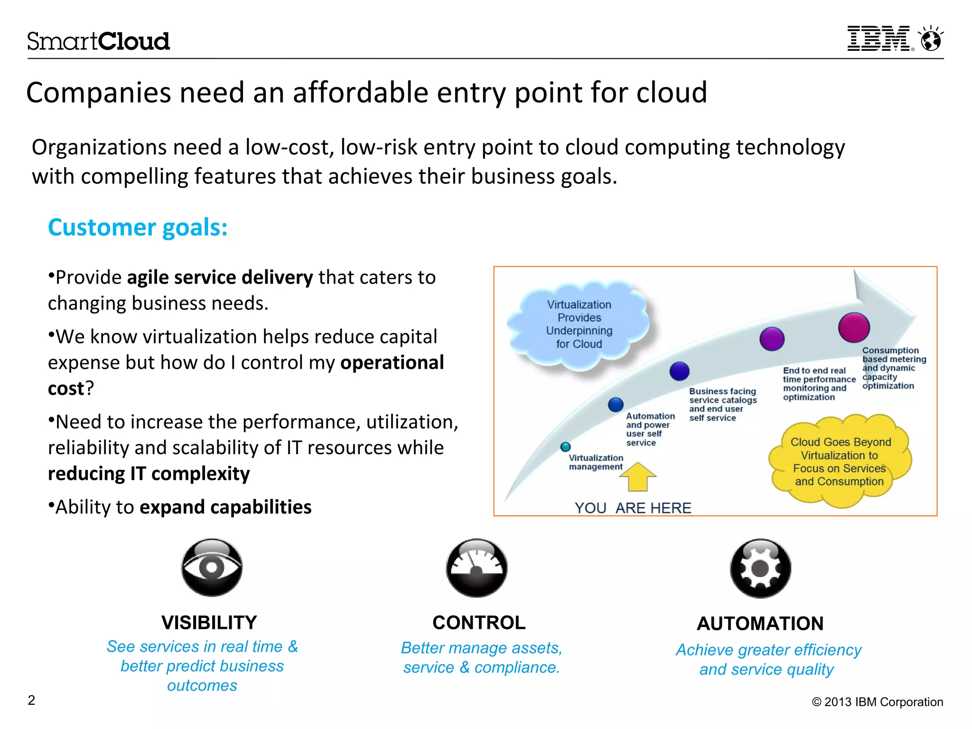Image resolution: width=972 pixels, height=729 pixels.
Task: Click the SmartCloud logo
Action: point(98,41)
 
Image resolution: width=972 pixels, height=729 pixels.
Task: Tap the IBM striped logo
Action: point(879,38)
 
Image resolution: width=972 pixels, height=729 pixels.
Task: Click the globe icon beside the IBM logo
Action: point(931,39)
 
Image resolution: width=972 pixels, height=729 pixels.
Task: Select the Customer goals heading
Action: point(138,227)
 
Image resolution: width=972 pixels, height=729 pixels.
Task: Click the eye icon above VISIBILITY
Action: point(212,568)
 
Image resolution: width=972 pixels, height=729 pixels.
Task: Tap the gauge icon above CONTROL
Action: point(477,568)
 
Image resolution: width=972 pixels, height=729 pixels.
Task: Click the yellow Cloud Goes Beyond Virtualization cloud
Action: point(840,461)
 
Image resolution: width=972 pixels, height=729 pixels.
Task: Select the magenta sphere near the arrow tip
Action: point(854,327)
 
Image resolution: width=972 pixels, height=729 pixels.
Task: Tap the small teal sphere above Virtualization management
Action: point(565,447)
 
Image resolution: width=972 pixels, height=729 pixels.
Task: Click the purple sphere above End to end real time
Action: point(772,339)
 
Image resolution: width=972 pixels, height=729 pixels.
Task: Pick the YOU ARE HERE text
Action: point(633,508)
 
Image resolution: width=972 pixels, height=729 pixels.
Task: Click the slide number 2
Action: point(31,700)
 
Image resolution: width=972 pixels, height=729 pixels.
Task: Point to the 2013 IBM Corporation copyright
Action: point(878,702)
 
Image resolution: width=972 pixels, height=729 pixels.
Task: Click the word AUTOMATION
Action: point(760,624)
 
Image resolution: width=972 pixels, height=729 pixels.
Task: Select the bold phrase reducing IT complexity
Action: point(149,474)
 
